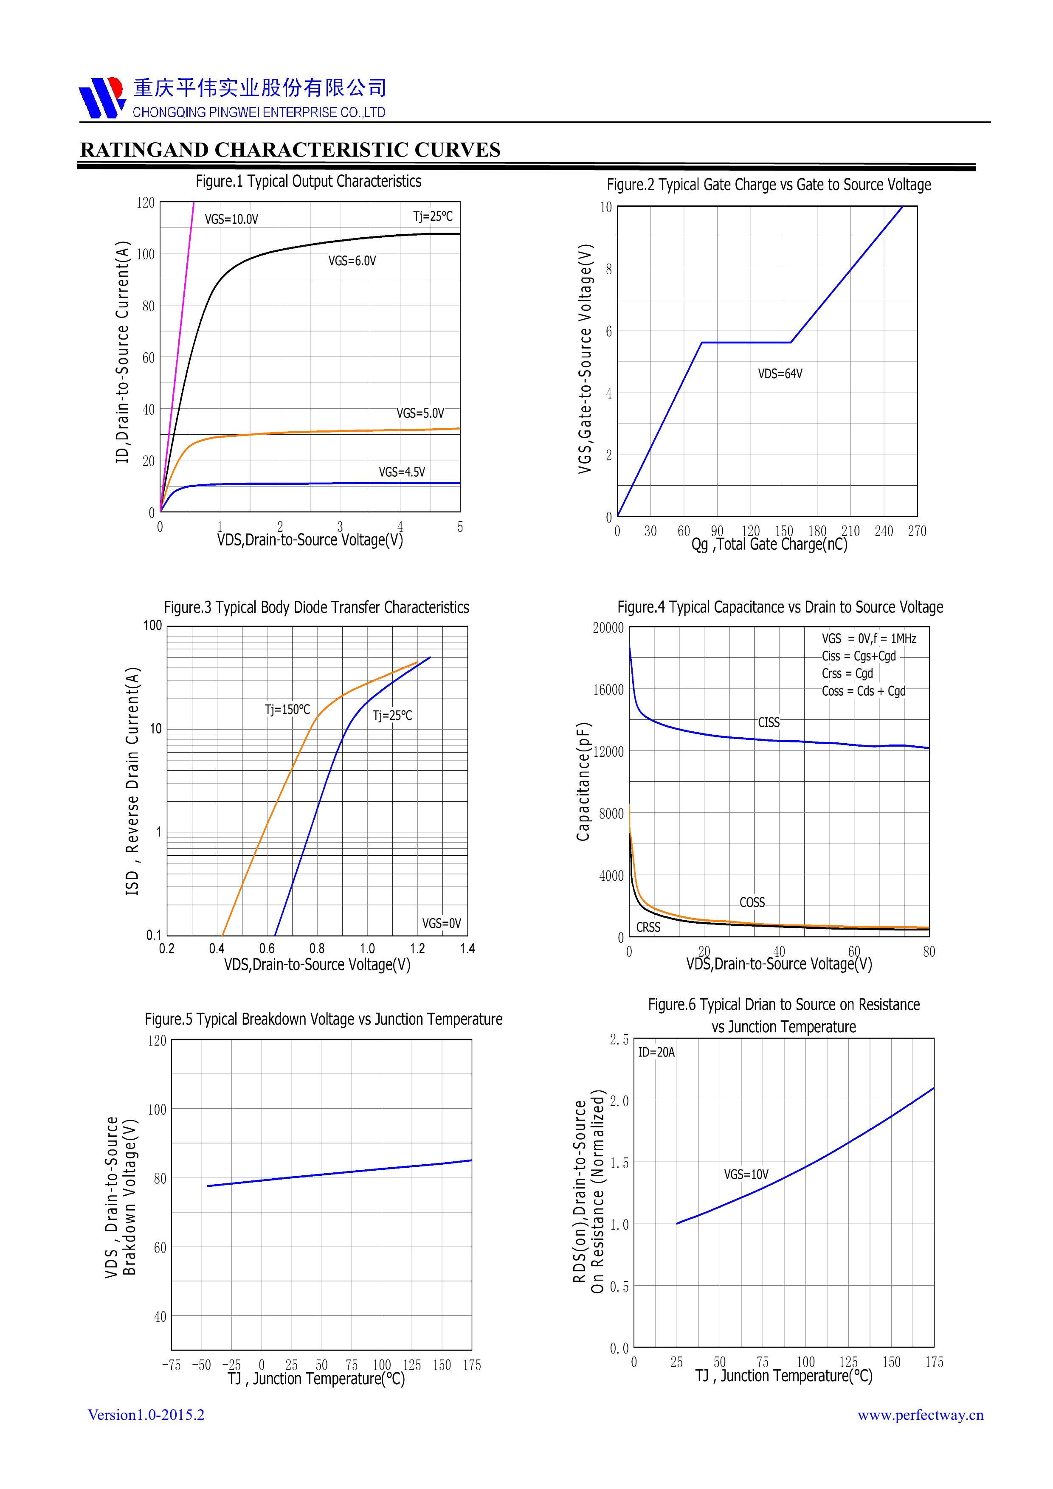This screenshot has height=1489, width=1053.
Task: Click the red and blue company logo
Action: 101,97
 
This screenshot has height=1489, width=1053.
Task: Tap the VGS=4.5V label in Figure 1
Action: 402,472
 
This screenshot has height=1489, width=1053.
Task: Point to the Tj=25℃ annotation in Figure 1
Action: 433,216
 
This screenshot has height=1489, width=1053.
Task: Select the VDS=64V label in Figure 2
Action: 780,374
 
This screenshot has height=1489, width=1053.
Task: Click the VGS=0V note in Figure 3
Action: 441,923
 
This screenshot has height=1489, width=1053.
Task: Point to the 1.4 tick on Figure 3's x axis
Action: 467,949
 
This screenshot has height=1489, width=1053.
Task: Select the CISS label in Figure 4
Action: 769,722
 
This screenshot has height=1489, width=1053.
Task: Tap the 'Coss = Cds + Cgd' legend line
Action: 864,691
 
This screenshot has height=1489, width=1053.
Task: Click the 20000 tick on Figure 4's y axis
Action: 608,628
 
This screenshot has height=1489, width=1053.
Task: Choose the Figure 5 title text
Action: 323,1019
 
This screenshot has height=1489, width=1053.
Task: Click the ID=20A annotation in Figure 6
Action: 656,1052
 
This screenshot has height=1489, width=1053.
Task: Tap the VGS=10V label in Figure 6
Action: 746,1174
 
